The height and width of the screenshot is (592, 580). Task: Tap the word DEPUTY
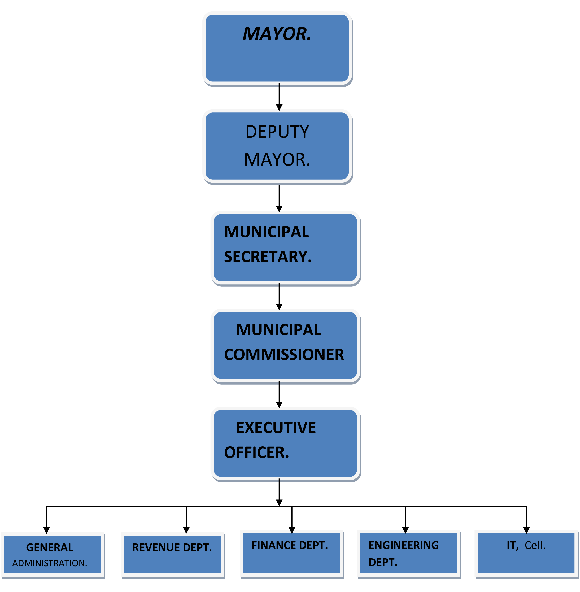[277, 132]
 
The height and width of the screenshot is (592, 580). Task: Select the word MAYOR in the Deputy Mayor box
[277, 160]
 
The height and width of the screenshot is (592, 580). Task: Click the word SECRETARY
[268, 256]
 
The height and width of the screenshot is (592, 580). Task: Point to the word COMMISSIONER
[284, 355]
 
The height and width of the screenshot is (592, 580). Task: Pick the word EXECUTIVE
[276, 428]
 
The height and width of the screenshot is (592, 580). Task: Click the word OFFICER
[256, 452]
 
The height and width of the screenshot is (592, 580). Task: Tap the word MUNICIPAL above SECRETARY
[266, 232]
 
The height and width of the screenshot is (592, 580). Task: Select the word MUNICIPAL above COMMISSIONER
[278, 330]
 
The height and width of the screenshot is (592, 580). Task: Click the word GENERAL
[50, 547]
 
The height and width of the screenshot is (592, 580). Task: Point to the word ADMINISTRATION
[49, 563]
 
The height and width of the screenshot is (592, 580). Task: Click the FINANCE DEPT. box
[291, 553]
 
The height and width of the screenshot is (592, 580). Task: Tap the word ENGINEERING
[403, 545]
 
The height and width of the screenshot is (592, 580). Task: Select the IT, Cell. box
[526, 553]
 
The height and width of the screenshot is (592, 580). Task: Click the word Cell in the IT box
[535, 545]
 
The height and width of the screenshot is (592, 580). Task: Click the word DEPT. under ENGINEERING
[383, 562]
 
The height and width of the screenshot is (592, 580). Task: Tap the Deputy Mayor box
[277, 146]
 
